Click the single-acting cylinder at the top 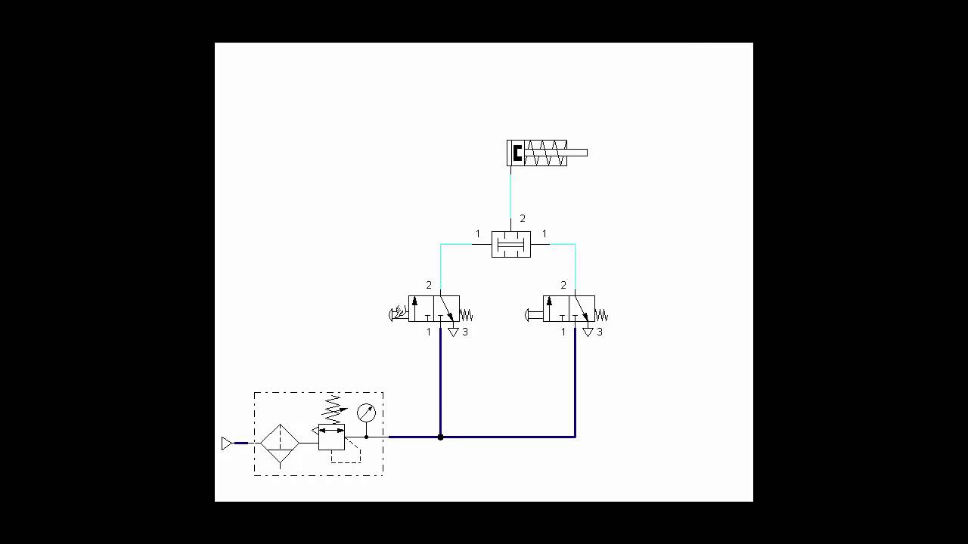pos(537,153)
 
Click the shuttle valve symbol pos(510,244)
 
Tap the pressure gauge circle pos(366,413)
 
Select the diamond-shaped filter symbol pos(280,444)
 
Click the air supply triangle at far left pos(226,444)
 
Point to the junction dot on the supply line pos(440,437)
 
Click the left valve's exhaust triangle pos(453,332)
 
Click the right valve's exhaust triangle pos(588,332)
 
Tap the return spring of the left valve pos(466,315)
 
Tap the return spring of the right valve pos(601,315)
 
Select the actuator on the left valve pos(398,314)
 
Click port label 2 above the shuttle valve pos(523,219)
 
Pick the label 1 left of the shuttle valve pos(477,234)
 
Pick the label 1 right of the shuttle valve pos(544,234)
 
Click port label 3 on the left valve pos(465,332)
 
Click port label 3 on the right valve pos(600,332)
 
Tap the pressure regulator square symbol pos(331,437)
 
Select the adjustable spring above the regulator pos(333,408)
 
